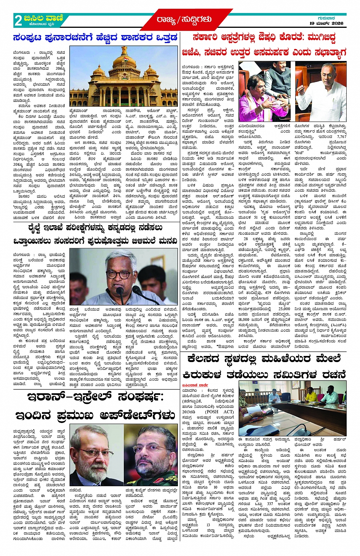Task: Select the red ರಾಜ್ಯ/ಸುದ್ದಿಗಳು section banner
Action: [183, 19]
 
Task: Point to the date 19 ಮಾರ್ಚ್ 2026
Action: [326, 24]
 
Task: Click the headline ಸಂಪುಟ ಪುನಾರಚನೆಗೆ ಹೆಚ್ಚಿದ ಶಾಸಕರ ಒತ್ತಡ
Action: [95, 38]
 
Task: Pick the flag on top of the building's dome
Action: [124, 48]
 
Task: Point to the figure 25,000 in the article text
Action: [284, 309]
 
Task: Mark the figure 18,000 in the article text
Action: [244, 319]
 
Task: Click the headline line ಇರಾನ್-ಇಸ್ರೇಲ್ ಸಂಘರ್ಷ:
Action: [95, 397]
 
